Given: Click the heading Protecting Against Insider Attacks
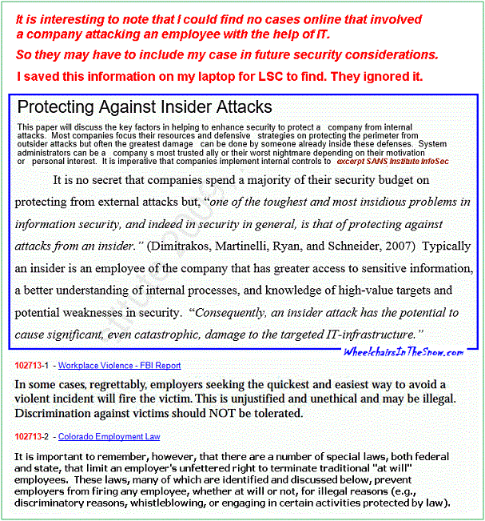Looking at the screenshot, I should (145, 107).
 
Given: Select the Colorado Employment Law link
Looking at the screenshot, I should (109, 436).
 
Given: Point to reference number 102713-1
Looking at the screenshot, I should (32, 365).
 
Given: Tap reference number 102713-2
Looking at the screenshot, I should (32, 436).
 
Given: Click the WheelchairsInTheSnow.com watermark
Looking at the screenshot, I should (404, 352).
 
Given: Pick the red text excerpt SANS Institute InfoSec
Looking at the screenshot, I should (382, 161).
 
